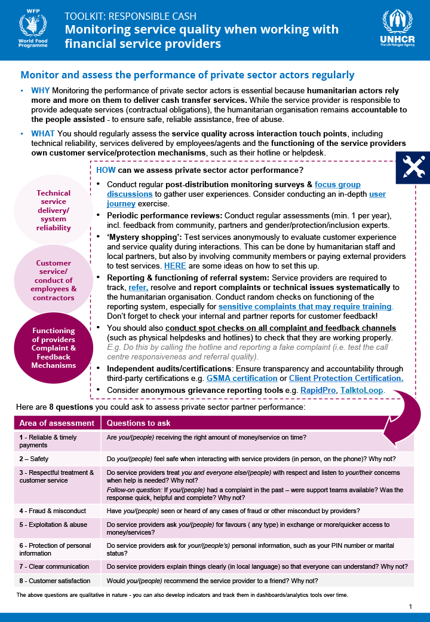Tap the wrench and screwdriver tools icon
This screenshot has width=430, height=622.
(x=413, y=168)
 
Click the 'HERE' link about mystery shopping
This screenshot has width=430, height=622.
(x=175, y=265)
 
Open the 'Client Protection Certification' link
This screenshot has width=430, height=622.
(x=346, y=378)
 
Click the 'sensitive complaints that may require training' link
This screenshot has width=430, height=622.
(x=305, y=306)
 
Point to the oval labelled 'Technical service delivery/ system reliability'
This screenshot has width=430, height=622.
(x=53, y=210)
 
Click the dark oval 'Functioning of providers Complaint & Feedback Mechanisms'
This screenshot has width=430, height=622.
(x=53, y=347)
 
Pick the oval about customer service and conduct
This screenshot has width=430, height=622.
(x=53, y=280)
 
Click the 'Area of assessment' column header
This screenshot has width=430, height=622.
(x=57, y=423)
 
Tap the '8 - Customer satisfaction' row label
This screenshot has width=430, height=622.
(x=54, y=581)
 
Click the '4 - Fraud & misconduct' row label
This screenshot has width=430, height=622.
(x=53, y=511)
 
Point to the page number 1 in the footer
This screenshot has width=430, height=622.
(x=411, y=606)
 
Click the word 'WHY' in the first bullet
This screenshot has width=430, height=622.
(x=40, y=90)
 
